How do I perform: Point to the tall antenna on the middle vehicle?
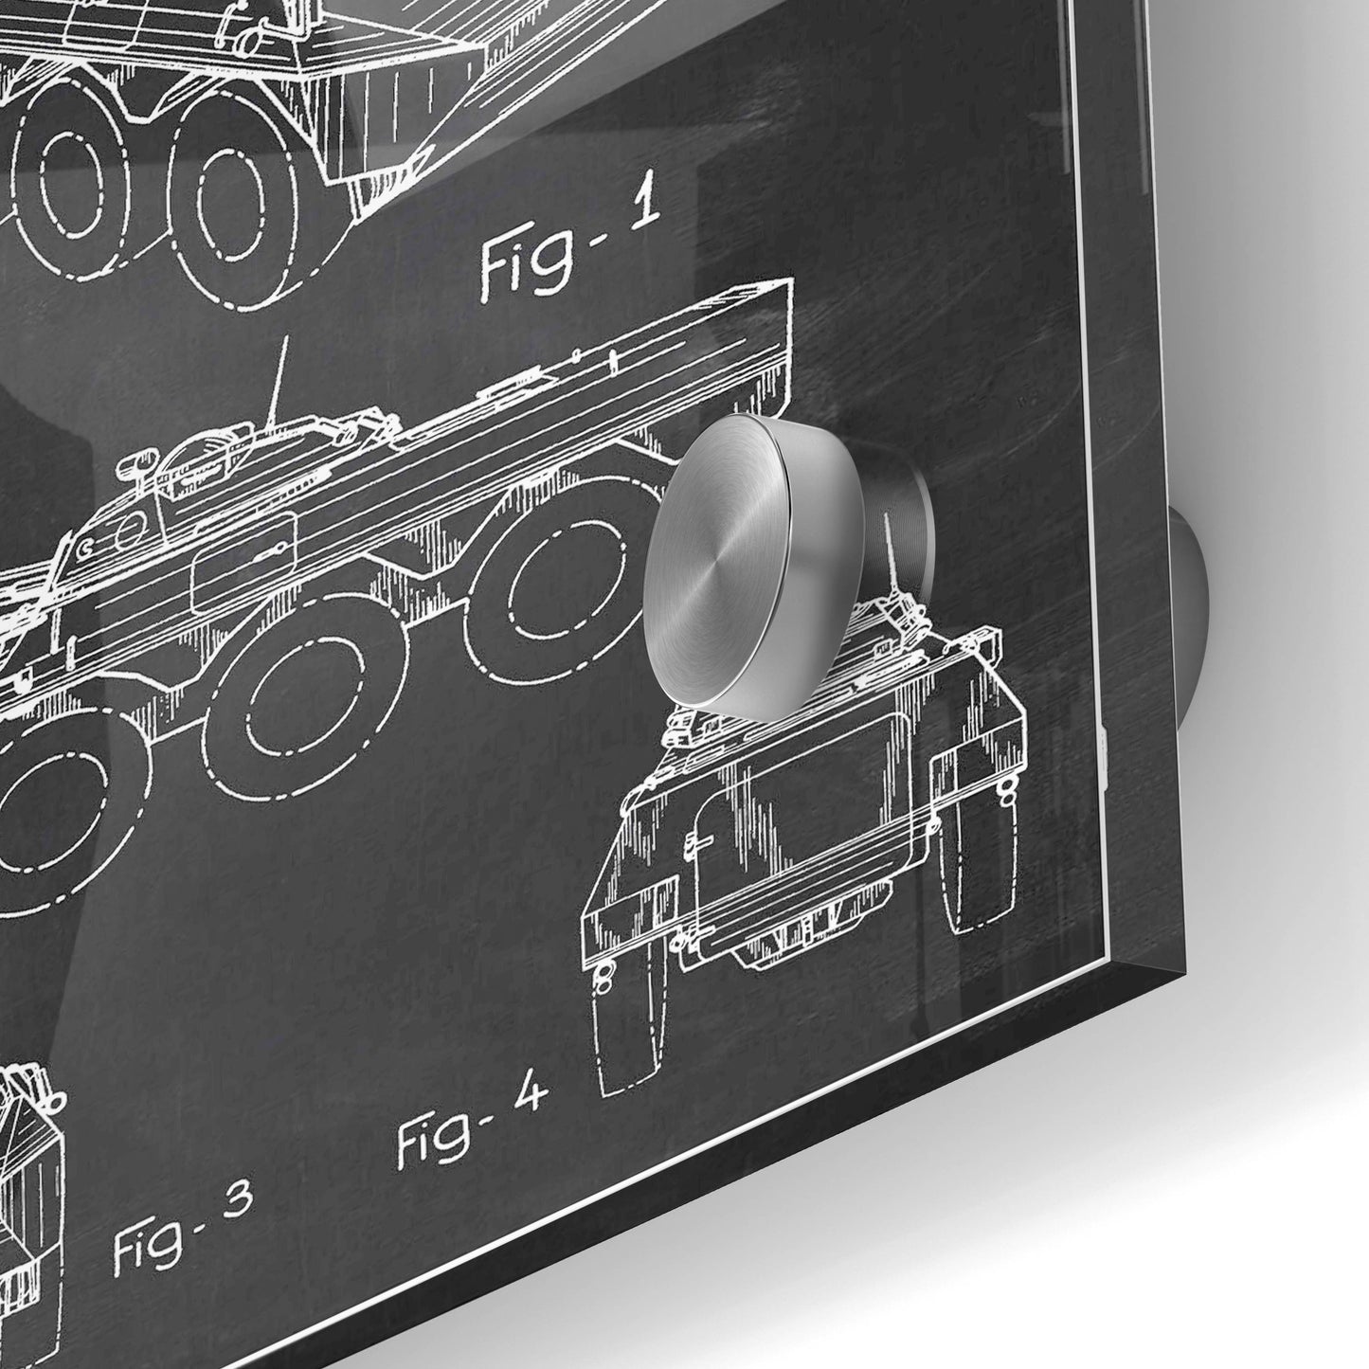pos(279,384)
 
